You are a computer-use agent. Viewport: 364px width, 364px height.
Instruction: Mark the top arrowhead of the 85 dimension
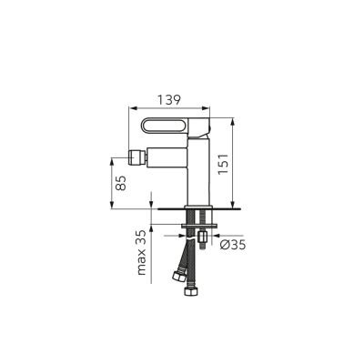(x=114, y=157)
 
